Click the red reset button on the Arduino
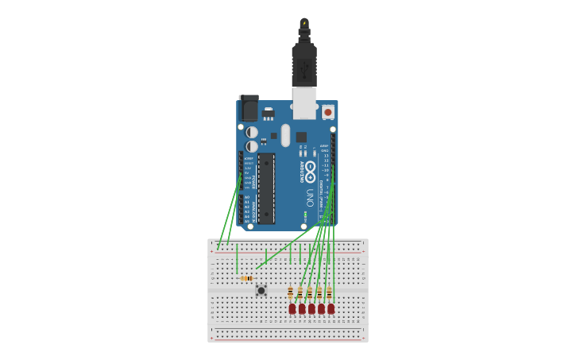(327, 112)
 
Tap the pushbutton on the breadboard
(261, 291)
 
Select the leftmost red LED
(292, 308)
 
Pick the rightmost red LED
(331, 308)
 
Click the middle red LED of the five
(311, 308)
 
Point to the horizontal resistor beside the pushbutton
(247, 278)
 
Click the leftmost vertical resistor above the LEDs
(291, 293)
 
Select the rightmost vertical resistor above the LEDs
(329, 293)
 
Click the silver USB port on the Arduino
(304, 103)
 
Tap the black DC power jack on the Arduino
(249, 108)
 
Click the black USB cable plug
(304, 64)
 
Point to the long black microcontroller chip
(265, 188)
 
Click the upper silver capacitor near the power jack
(252, 132)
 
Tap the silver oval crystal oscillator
(285, 135)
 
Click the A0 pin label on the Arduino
(247, 197)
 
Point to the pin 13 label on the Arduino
(326, 156)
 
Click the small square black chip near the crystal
(301, 137)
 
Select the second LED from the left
(302, 308)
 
